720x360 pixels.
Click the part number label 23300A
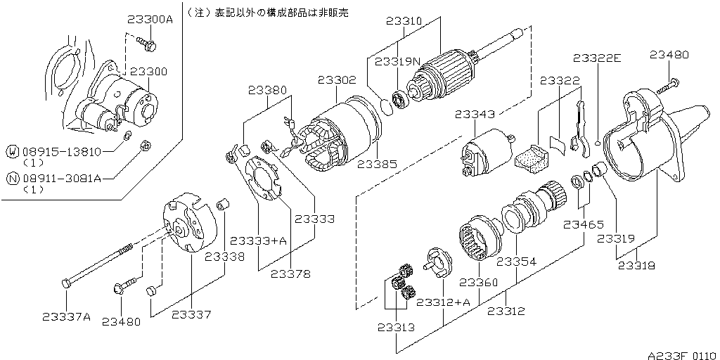[x=150, y=20]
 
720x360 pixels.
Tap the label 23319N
[x=397, y=61]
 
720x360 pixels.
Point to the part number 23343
[x=475, y=113]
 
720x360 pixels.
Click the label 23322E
[x=597, y=58]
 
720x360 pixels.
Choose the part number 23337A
[x=66, y=316]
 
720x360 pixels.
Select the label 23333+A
[x=259, y=241]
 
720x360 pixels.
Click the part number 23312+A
[x=443, y=302]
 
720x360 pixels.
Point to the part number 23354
[x=517, y=261]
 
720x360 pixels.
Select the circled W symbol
[x=12, y=151]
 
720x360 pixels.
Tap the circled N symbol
[x=12, y=179]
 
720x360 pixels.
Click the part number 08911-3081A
[x=62, y=179]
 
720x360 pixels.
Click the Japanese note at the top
[x=267, y=13]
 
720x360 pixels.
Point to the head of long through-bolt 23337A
[x=65, y=283]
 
